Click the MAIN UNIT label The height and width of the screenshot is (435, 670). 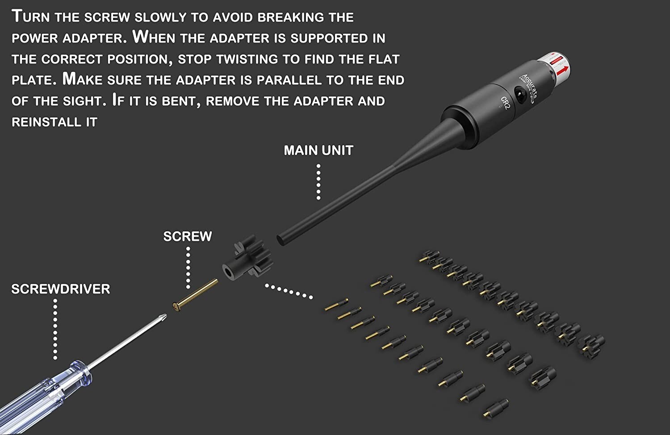[x=318, y=151]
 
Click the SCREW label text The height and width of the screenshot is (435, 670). [x=187, y=236]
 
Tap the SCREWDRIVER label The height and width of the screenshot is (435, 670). [x=61, y=289]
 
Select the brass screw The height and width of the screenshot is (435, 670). [x=195, y=295]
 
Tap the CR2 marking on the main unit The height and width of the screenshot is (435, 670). [x=505, y=103]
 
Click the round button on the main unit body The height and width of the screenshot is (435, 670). [x=519, y=94]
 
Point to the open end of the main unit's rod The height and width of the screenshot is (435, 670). [x=281, y=240]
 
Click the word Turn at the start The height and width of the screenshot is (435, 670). [x=31, y=17]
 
